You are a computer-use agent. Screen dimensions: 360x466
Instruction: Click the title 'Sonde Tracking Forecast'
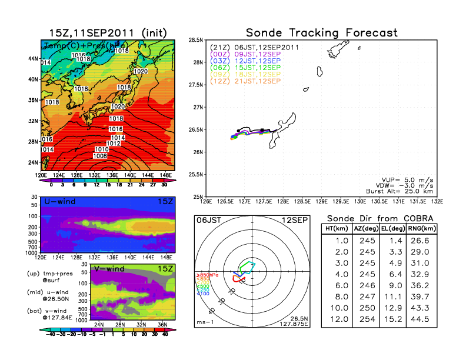point(321,32)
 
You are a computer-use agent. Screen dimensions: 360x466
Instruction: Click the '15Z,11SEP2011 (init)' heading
point(108,32)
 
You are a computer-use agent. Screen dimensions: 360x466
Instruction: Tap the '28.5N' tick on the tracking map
point(196,40)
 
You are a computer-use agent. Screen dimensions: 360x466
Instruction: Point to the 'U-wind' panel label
point(59,202)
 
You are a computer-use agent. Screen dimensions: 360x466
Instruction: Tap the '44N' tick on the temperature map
point(33,59)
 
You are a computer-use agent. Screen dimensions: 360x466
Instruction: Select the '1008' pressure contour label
point(100,156)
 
